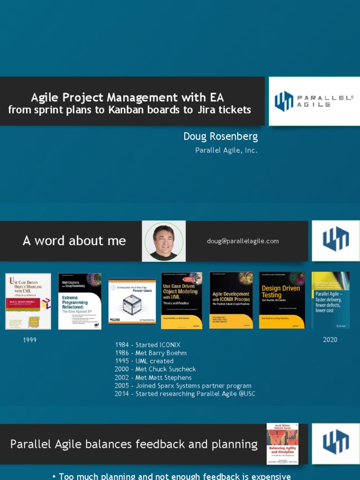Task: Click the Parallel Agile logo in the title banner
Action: click(314, 101)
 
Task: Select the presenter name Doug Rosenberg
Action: click(220, 136)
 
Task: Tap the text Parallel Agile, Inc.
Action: click(226, 150)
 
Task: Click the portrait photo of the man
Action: click(164, 241)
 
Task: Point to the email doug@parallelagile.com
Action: click(243, 241)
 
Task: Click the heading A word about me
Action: click(74, 241)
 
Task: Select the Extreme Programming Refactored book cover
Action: click(80, 301)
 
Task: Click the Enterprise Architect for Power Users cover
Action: click(132, 301)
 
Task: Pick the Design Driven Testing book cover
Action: click(282, 300)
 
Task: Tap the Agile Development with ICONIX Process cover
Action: click(231, 300)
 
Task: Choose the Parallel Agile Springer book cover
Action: click(330, 300)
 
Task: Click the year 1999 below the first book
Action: click(30, 340)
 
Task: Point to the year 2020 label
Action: click(330, 340)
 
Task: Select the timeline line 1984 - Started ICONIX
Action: click(148, 345)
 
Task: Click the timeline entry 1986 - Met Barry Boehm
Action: click(151, 353)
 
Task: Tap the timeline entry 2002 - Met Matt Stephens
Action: click(153, 377)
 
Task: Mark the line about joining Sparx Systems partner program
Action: click(183, 386)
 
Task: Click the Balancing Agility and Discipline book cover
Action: click(283, 443)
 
